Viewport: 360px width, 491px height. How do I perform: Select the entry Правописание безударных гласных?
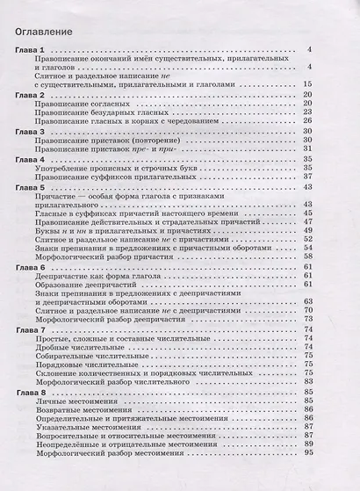[x=107, y=112]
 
